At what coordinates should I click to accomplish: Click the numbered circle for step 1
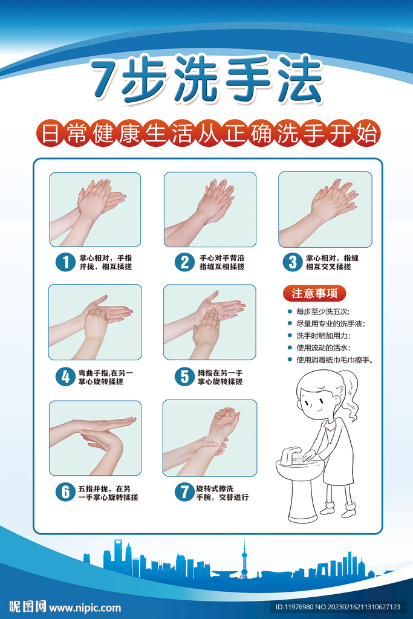(x=64, y=262)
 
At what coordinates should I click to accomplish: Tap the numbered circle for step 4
(x=64, y=377)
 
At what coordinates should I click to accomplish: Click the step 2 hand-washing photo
(x=210, y=209)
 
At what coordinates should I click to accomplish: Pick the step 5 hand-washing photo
(x=210, y=322)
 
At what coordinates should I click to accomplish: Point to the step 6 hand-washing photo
(x=95, y=438)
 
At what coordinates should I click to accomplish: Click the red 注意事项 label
(x=314, y=294)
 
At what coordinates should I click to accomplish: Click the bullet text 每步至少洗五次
(x=322, y=312)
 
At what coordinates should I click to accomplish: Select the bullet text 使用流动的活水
(x=323, y=348)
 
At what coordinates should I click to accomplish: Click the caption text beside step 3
(x=328, y=262)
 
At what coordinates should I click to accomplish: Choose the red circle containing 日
(x=46, y=133)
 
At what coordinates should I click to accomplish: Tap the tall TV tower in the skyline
(x=244, y=559)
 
